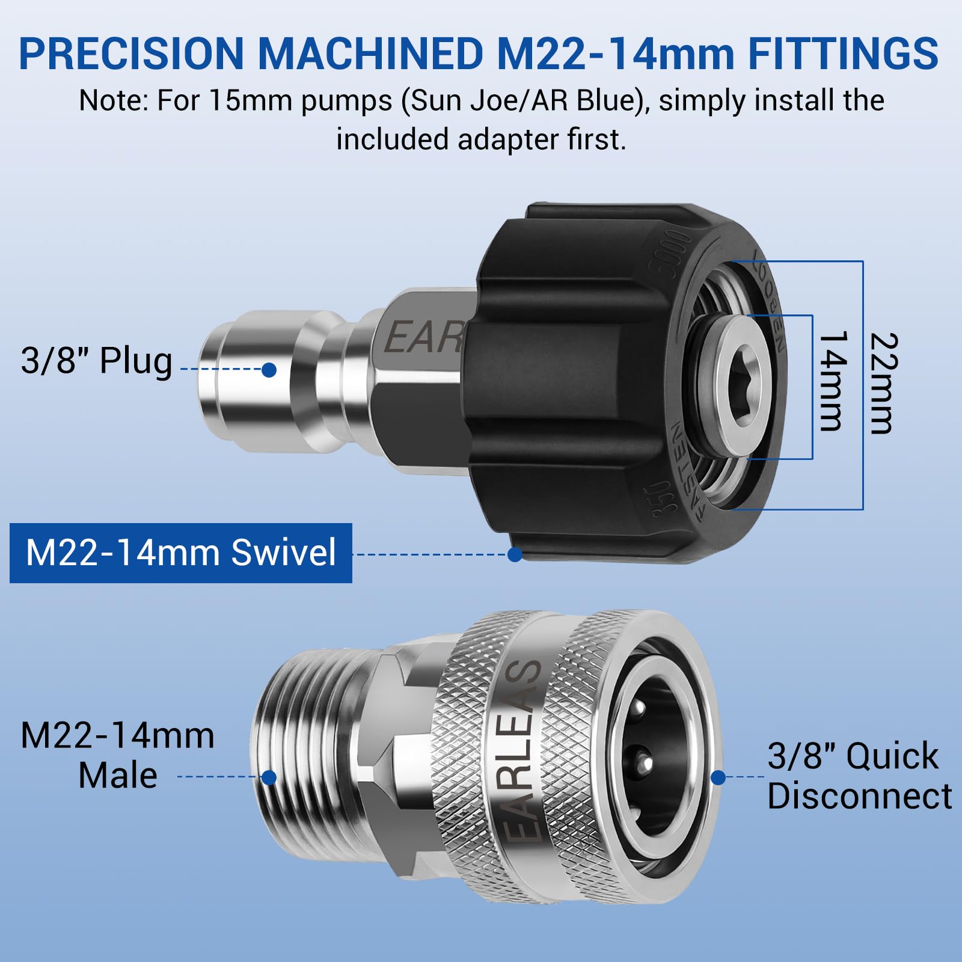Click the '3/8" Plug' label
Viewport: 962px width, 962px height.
coord(96,361)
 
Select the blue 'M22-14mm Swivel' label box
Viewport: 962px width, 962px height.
coord(180,553)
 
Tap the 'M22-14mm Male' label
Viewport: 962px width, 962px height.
coord(117,755)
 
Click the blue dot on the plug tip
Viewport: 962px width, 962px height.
coord(269,370)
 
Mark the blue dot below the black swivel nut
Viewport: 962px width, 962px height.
coord(515,554)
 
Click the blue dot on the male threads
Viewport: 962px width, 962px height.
coord(269,778)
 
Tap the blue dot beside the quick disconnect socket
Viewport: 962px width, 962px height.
coord(717,777)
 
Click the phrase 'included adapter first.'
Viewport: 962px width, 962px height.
coord(481,139)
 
